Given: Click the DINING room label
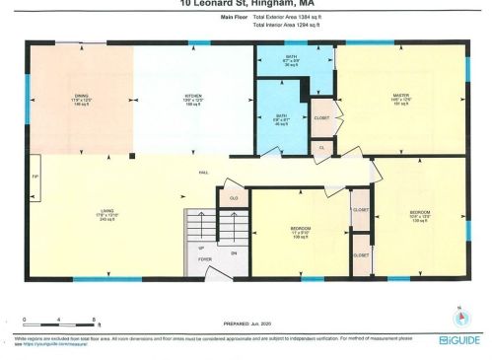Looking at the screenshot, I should (x=82, y=96).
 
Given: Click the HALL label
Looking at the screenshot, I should (x=203, y=173).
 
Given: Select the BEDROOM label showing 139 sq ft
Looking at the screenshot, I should (x=419, y=211).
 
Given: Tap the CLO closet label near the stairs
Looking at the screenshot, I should (x=234, y=197).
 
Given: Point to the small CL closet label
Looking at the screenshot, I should (x=322, y=147).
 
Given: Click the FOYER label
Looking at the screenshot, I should (x=205, y=260).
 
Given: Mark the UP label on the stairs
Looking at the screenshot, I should (x=202, y=248).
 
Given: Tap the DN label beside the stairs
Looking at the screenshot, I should (x=235, y=252).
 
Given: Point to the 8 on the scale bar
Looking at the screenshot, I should (x=93, y=321).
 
